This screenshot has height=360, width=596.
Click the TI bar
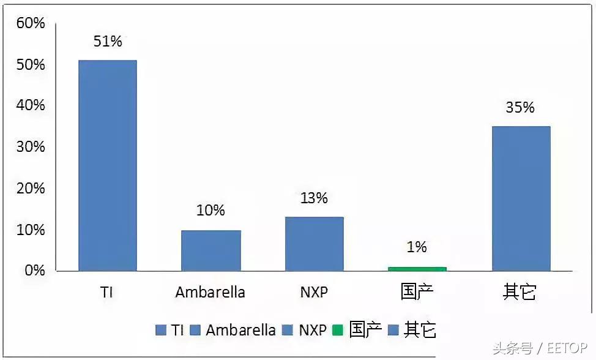tap(107, 165)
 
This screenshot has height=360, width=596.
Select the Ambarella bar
tap(210, 250)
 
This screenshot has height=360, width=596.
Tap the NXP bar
tap(314, 244)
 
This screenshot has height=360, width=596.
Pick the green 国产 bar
tap(417, 269)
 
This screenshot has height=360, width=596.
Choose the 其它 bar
tap(521, 198)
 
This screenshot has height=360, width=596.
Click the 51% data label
tap(108, 42)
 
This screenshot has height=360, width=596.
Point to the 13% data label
tap(314, 198)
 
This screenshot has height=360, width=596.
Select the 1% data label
tap(417, 247)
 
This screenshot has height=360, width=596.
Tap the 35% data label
tap(520, 108)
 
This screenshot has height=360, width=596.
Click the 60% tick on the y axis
tap(31, 23)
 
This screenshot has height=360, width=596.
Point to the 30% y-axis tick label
tap(31, 147)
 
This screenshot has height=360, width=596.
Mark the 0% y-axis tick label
tap(34, 271)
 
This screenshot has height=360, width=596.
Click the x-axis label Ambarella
tap(210, 293)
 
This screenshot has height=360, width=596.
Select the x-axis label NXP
tap(314, 293)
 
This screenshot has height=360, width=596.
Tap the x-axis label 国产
tap(417, 292)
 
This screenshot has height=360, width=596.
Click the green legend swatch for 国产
tap(338, 331)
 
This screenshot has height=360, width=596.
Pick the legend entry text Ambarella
tap(240, 331)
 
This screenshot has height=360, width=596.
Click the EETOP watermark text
tap(568, 349)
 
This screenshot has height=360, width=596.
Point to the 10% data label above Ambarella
tap(210, 211)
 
